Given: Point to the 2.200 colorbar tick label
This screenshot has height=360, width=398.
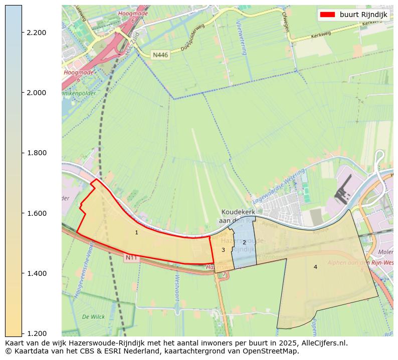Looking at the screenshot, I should click(36, 33).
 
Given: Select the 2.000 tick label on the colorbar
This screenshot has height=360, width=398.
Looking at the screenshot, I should click(36, 93).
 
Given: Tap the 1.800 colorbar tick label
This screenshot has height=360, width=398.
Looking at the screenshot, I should click(36, 153).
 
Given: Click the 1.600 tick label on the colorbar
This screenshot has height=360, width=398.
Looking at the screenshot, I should click(36, 213).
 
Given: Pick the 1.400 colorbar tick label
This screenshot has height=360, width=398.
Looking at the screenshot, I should click(36, 273).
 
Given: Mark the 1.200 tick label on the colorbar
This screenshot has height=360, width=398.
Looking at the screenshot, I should click(36, 333).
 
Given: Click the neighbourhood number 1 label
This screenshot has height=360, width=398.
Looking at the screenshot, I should click(136, 232).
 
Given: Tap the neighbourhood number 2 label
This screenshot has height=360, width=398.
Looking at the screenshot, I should click(244, 242).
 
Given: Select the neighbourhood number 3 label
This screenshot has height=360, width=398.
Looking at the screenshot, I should click(223, 250).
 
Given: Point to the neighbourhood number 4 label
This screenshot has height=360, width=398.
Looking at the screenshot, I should click(315, 267).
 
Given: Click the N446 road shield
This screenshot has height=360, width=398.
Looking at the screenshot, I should click(160, 55).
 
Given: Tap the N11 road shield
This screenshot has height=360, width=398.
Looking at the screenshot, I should click(131, 257).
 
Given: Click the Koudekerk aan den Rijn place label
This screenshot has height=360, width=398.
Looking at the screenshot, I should click(238, 216).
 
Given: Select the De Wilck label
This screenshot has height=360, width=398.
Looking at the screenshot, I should click(93, 317).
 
